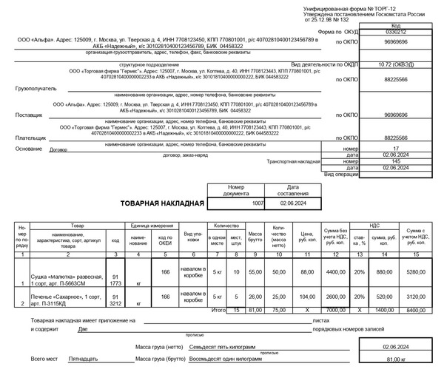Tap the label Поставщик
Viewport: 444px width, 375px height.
pos(29,115)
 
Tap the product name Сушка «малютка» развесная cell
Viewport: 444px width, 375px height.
pos(66,279)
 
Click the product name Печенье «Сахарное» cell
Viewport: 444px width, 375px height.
pos(66,300)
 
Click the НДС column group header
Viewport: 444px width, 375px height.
pos(374,223)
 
